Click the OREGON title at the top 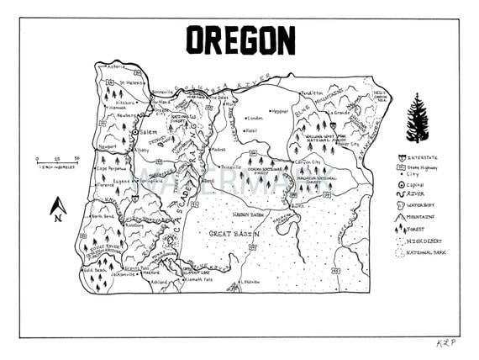(239, 40)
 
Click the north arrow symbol (58, 207)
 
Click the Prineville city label (223, 167)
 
